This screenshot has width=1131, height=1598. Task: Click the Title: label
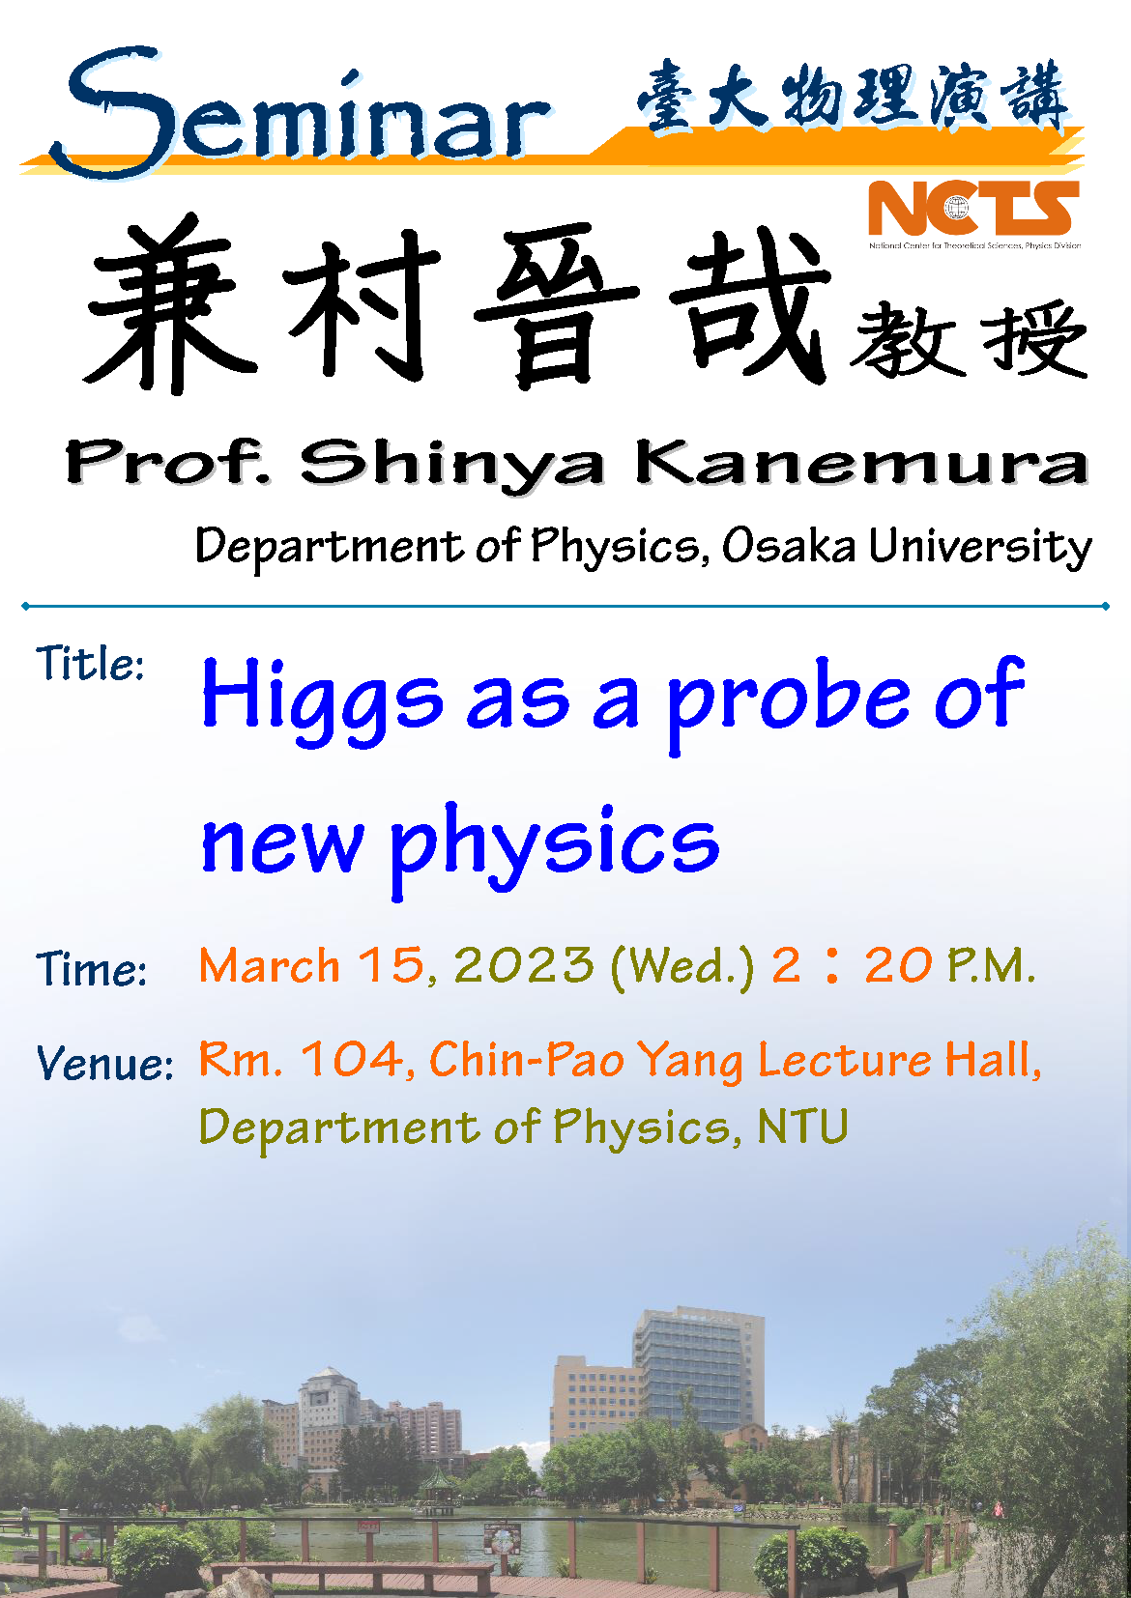tap(91, 664)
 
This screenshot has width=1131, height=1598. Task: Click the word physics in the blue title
tap(555, 849)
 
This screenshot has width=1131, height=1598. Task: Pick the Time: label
tap(92, 968)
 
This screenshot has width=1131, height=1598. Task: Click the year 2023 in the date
tap(524, 964)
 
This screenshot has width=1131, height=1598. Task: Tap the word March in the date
tap(269, 964)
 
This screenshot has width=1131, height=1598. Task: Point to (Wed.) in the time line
tap(682, 967)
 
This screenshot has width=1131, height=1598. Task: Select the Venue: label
tap(105, 1063)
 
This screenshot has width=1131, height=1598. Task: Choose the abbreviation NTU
tap(802, 1127)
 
